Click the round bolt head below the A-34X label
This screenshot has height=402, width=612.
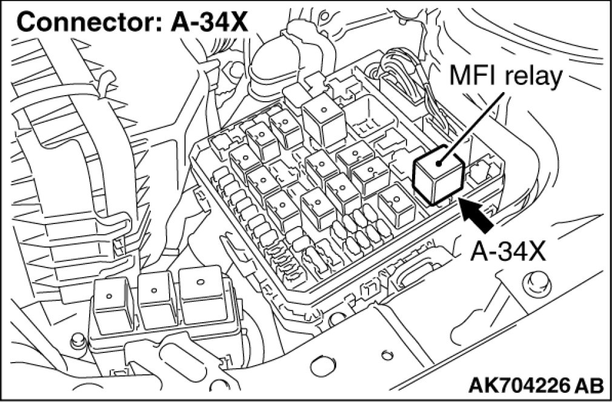pyautogui.click(x=533, y=280)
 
